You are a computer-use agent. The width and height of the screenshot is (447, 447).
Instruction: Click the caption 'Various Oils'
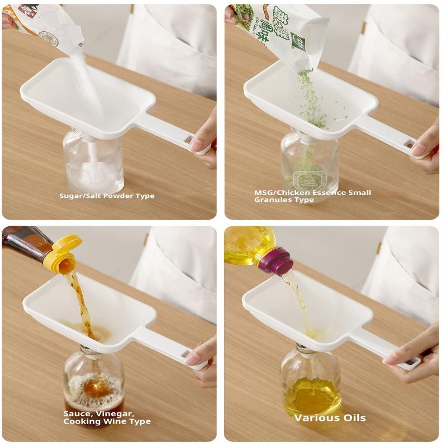coord(330,417)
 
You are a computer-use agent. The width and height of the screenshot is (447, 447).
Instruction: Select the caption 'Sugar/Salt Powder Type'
coord(107,196)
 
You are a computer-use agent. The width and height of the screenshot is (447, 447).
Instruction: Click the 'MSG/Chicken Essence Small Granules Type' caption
coord(312,196)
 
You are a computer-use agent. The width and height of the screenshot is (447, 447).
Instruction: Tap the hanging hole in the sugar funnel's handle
coord(189,139)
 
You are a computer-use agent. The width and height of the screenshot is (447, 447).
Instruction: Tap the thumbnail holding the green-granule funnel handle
coord(419,149)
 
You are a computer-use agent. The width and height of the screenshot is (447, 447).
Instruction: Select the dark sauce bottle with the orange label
coord(25,242)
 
